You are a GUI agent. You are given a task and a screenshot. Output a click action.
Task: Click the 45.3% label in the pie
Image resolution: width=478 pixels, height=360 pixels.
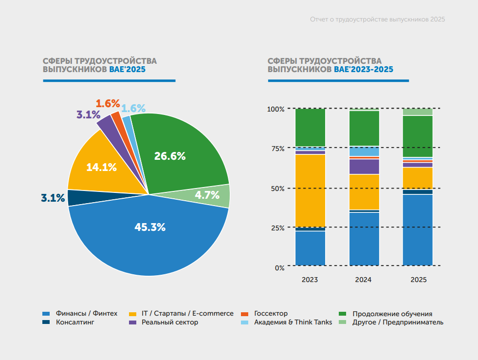150,227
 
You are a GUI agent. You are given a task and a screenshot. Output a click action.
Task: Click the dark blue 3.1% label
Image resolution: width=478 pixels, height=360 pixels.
53,198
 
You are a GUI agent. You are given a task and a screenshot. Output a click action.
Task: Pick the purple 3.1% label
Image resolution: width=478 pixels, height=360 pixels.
89,114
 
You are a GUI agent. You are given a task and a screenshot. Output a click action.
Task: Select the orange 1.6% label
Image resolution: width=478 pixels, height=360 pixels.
108,104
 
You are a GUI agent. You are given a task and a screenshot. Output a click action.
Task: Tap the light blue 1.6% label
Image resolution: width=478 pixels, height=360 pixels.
133,108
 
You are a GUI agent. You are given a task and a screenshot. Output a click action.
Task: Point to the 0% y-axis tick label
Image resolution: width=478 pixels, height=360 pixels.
279,268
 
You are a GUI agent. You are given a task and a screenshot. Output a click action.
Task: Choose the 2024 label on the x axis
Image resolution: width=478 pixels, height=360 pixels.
363,280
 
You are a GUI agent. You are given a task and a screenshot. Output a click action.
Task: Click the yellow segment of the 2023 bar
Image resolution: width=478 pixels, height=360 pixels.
311,190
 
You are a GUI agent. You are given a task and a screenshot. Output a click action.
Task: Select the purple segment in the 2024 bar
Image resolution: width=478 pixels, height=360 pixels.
364,167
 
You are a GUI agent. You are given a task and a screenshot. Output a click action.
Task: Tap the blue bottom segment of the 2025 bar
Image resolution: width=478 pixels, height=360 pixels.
418,230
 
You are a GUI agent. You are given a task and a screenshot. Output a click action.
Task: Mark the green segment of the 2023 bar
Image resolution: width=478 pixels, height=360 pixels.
311,128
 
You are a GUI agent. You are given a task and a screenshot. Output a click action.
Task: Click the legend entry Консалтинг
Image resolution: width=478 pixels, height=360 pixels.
68,322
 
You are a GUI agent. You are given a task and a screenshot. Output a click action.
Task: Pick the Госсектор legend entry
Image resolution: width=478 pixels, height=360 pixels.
264,314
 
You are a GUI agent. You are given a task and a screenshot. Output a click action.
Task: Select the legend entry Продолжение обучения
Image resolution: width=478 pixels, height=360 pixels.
386,314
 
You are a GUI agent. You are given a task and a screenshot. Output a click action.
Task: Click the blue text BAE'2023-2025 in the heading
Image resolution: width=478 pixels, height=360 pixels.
364,70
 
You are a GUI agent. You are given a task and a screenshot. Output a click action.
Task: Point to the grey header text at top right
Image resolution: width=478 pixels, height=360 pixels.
377,19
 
